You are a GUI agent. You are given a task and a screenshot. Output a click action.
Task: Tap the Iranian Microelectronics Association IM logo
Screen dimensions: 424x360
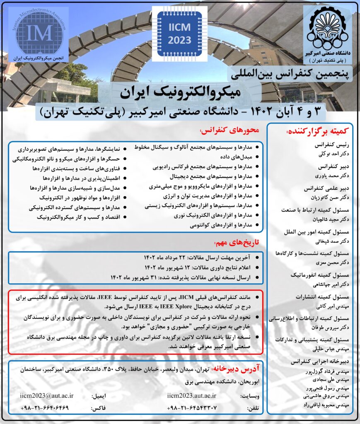[39, 32]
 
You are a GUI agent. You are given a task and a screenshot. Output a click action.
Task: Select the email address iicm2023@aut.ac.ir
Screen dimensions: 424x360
[47, 395]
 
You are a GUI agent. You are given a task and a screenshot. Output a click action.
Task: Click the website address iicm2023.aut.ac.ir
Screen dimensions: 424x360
[192, 395]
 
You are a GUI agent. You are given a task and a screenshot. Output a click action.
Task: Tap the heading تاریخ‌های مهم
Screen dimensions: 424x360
[236, 242]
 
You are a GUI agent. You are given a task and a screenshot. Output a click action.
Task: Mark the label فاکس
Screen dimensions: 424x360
[99, 408]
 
